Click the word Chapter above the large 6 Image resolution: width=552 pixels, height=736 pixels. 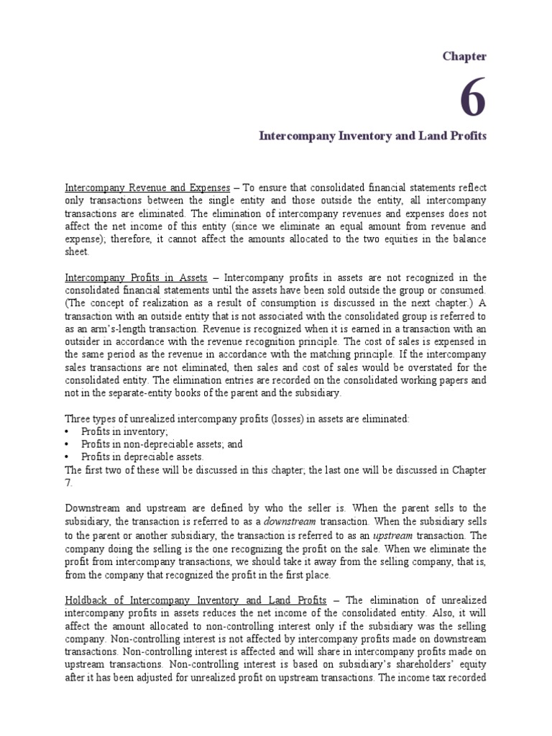(465, 56)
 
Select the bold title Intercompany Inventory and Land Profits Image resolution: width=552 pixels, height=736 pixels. (372, 135)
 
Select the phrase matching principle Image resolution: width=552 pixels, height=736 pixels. (326, 354)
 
